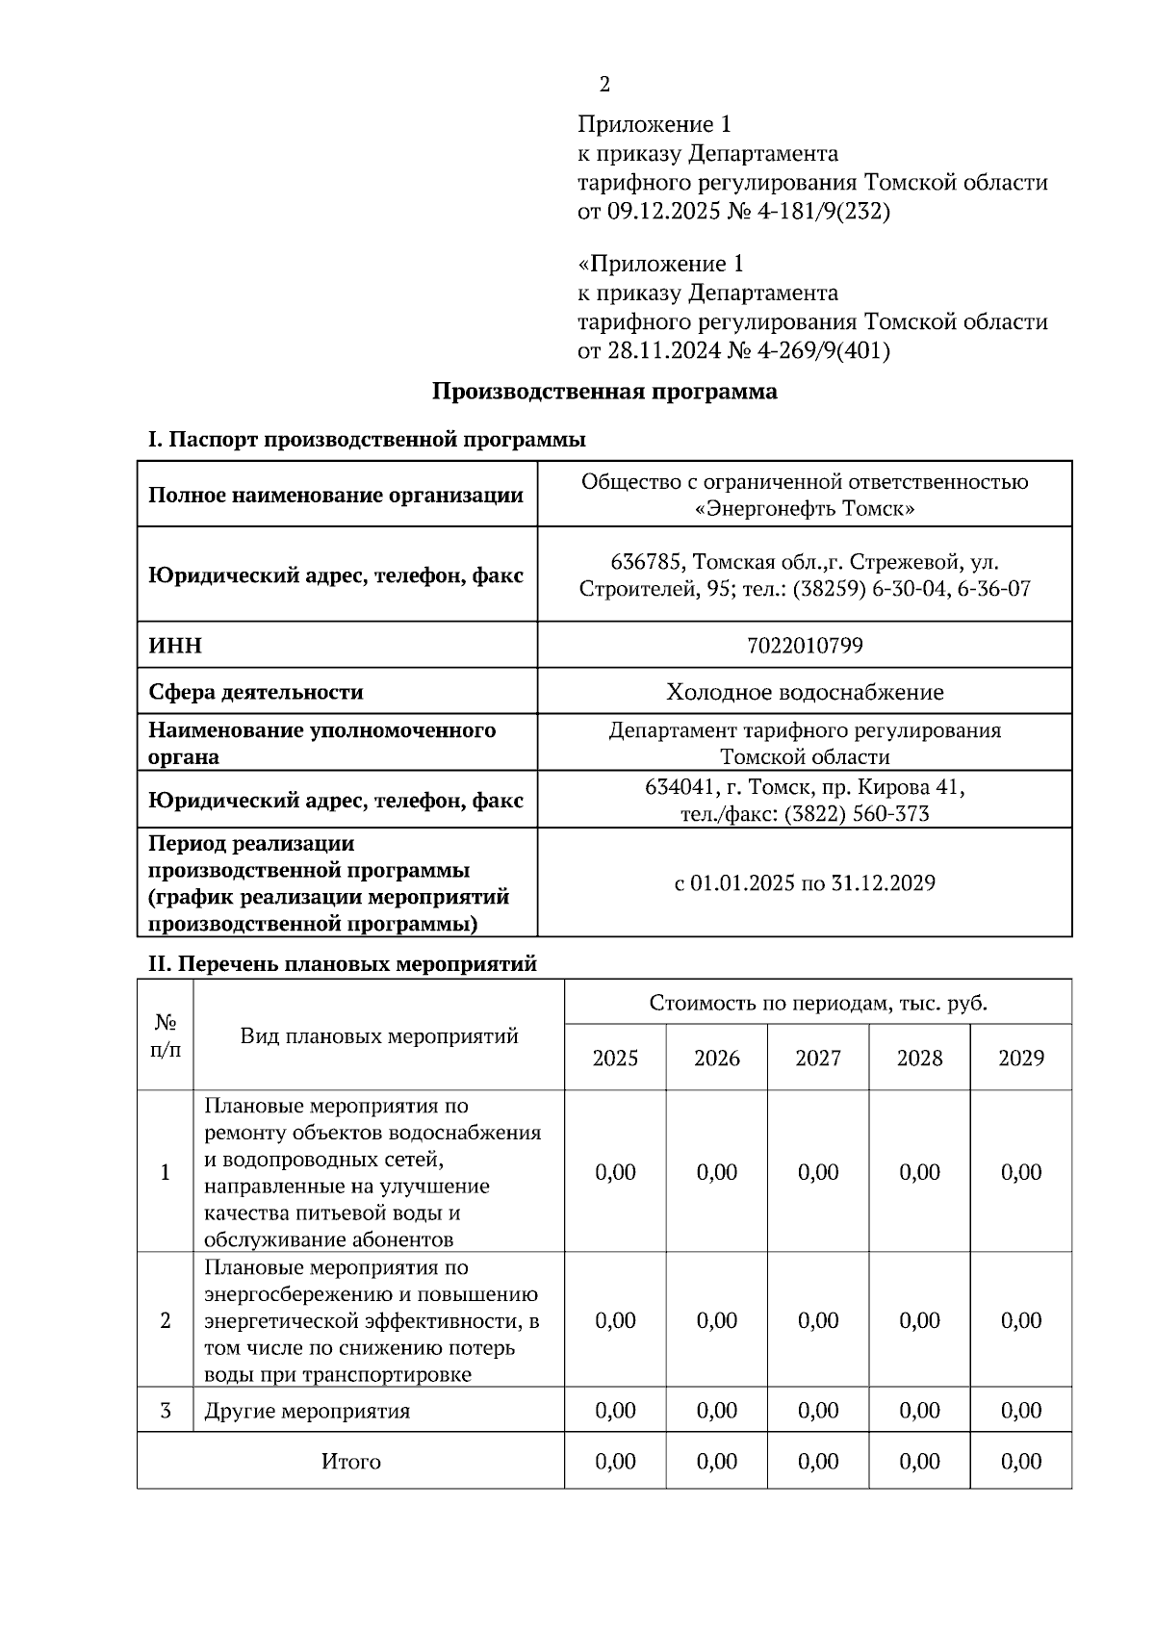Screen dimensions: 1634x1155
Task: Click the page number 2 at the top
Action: [x=604, y=85]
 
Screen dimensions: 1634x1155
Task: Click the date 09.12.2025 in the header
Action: [x=663, y=211]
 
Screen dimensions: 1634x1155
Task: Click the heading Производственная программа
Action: [x=603, y=392]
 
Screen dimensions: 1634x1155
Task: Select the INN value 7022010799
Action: [x=805, y=645]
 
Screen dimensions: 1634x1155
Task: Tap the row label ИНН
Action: [x=175, y=645]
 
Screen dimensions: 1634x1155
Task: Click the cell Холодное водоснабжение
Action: [x=805, y=692]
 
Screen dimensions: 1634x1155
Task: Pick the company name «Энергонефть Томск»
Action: [x=805, y=508]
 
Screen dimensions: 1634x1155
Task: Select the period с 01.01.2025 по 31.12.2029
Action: [x=805, y=882]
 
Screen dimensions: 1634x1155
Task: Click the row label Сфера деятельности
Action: [x=255, y=692]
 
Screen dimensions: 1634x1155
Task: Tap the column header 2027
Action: [x=818, y=1059]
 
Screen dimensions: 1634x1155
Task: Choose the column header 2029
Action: [x=1021, y=1059]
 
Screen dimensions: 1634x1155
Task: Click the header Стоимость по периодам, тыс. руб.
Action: [x=818, y=1004]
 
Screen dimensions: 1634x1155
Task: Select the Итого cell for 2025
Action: [x=616, y=1462]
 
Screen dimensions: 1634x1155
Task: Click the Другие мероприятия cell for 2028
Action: [x=919, y=1411]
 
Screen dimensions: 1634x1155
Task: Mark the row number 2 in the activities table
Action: [x=166, y=1320]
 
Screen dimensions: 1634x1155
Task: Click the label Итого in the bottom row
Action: [x=350, y=1462]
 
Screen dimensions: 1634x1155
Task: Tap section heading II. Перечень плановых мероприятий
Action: [x=342, y=963]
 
